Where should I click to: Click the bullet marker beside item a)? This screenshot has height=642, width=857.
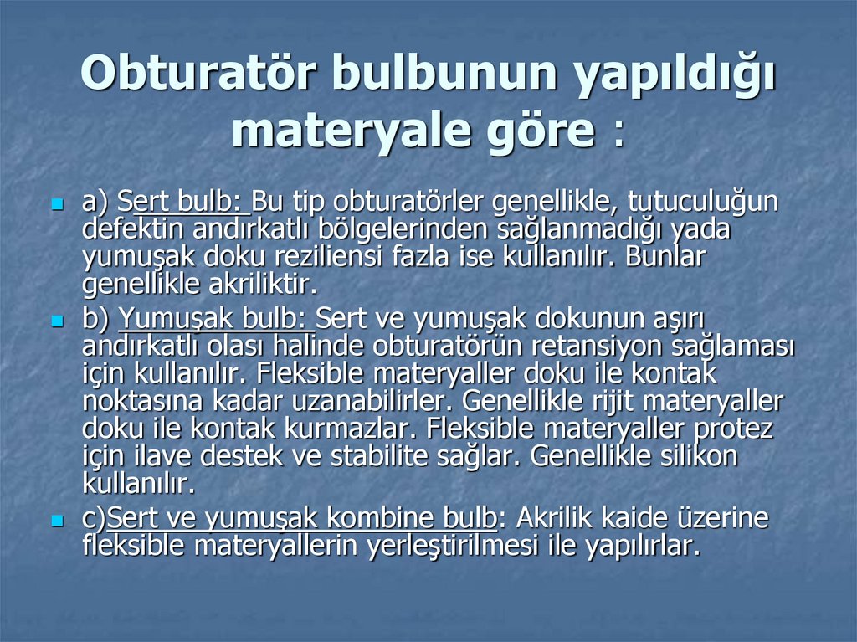point(58,203)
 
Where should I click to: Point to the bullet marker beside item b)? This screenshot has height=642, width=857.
point(58,320)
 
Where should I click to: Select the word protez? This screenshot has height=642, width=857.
point(735,429)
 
